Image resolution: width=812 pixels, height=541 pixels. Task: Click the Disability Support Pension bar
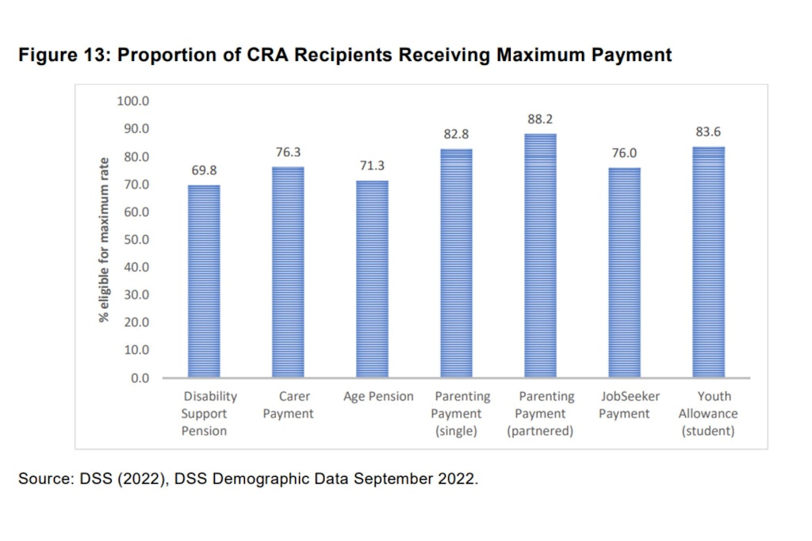coord(204,281)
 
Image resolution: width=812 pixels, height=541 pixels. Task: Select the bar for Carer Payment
coord(288,272)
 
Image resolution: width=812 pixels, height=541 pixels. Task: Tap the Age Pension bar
coord(372,279)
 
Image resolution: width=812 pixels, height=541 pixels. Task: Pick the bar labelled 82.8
coord(456,263)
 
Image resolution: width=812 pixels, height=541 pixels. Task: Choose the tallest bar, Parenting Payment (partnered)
coord(540,255)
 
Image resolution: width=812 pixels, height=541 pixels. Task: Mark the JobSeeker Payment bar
coord(624,272)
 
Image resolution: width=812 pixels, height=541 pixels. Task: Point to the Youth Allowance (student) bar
coord(708,261)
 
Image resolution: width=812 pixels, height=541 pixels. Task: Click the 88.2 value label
coord(540,120)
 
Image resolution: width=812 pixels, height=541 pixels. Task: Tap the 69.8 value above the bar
coord(204,170)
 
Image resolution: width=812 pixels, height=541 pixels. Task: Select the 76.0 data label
coord(624,153)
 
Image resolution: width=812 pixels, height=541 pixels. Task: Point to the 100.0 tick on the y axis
coord(134,101)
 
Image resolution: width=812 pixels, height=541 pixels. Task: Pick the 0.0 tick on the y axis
coord(140,378)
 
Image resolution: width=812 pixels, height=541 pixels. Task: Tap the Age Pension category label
coord(378,397)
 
